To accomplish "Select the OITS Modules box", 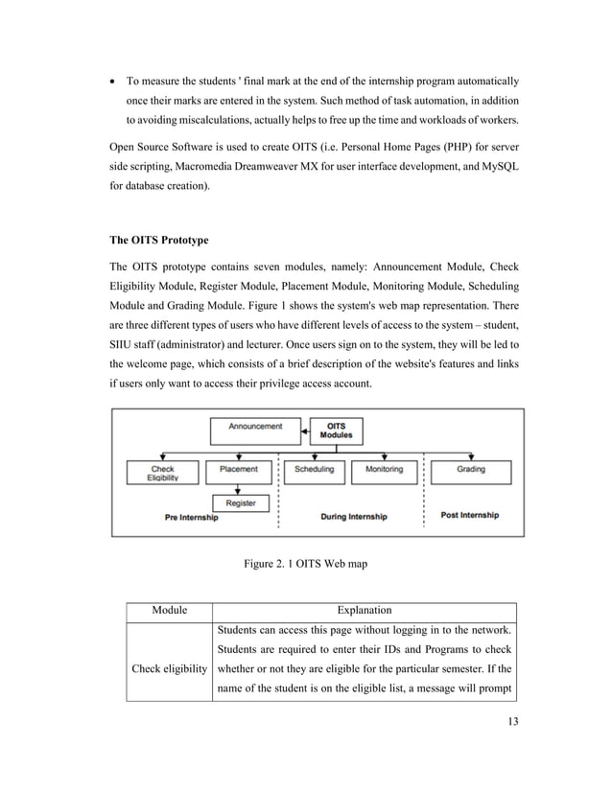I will (x=337, y=431).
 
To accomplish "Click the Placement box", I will (x=239, y=469).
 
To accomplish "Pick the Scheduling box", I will (x=314, y=469).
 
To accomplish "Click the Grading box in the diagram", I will (x=470, y=469).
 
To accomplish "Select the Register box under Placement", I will (x=239, y=502).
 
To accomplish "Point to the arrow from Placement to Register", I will (x=239, y=486).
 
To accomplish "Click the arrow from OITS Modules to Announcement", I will (x=305, y=431).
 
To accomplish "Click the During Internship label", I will (x=353, y=517).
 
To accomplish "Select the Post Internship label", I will (x=469, y=515).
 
